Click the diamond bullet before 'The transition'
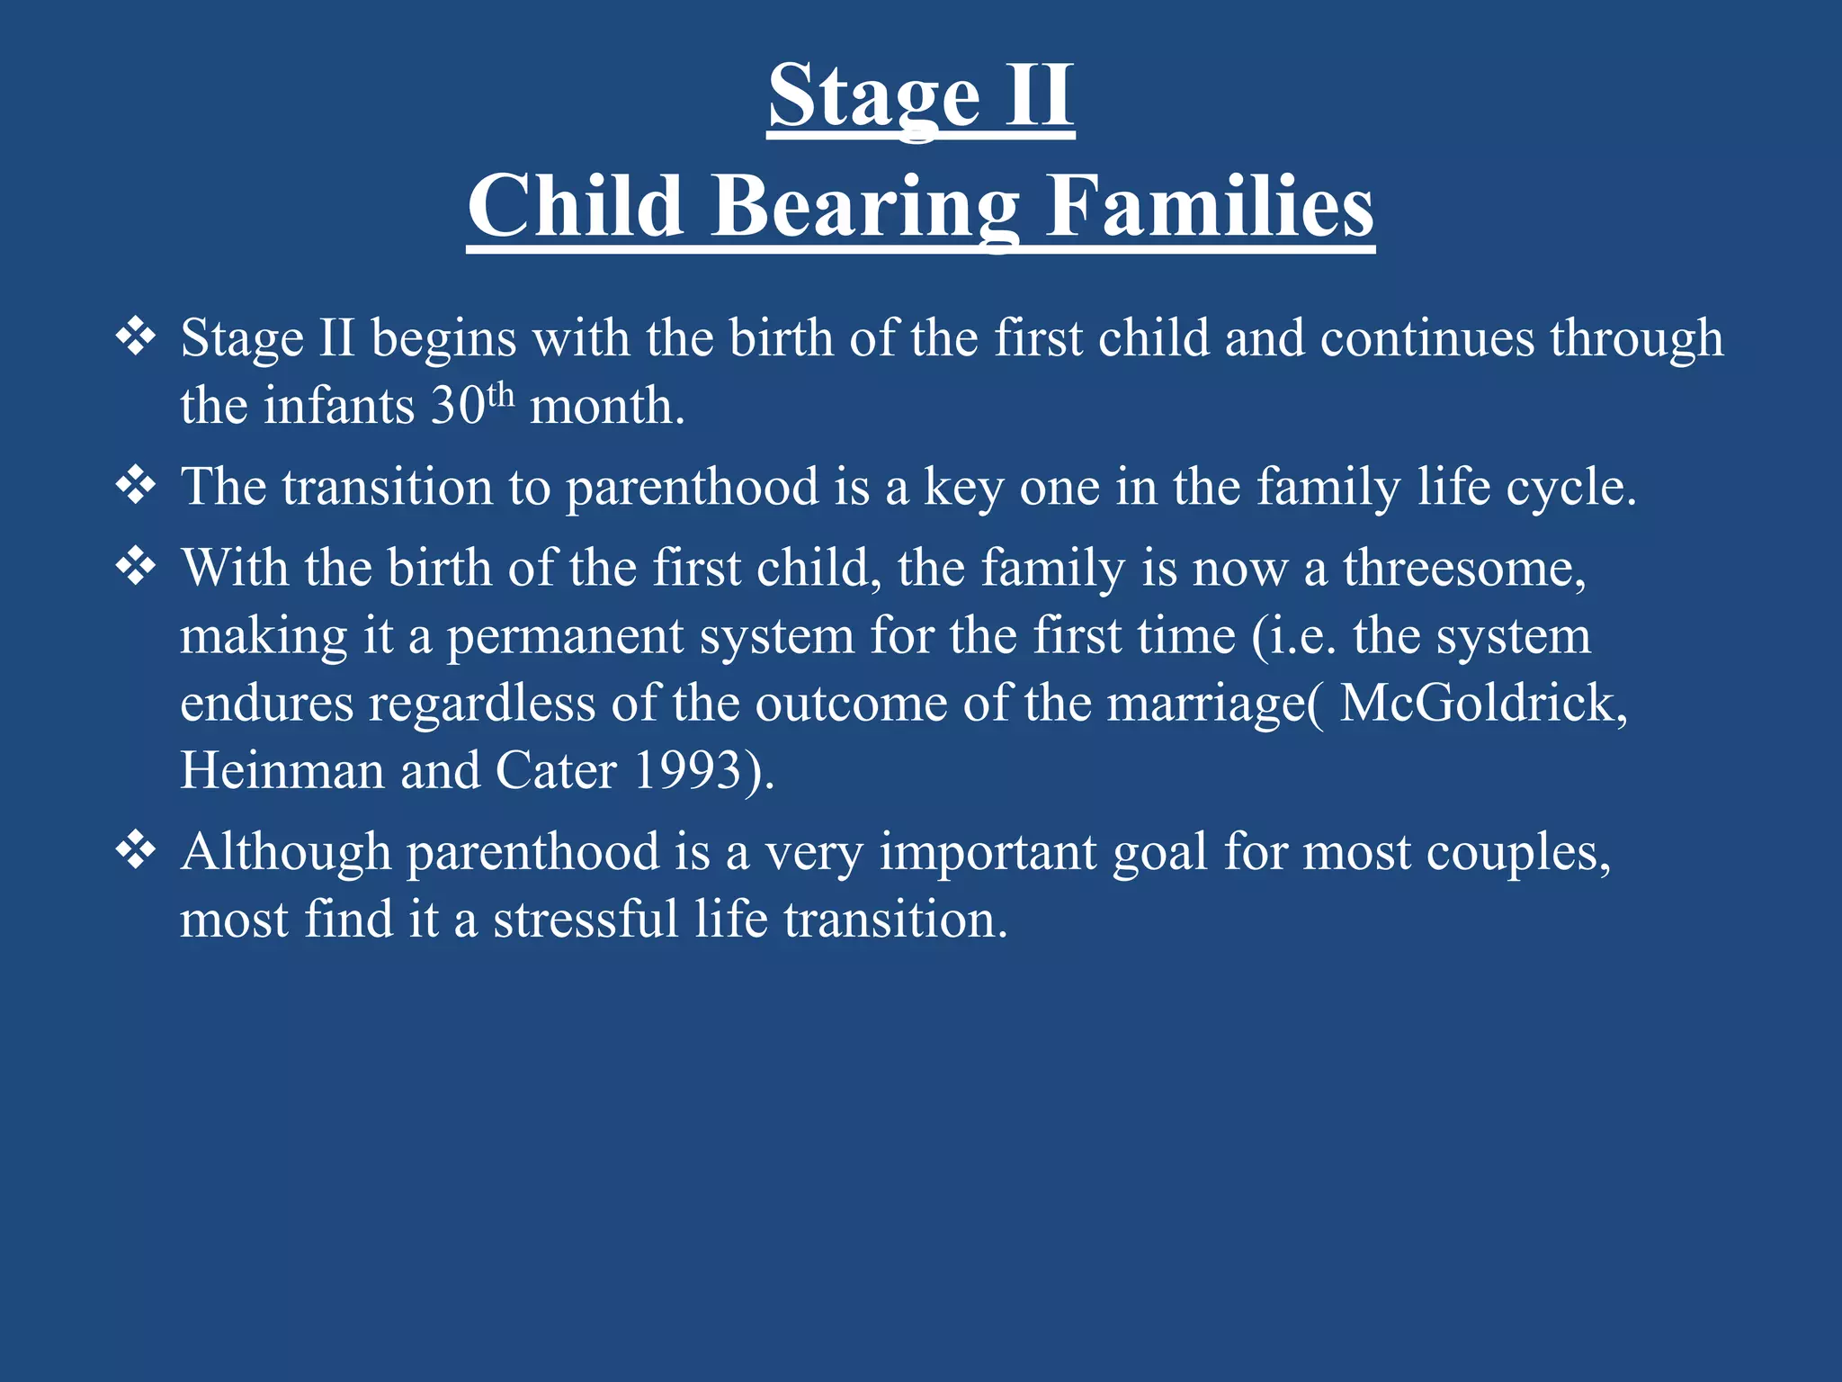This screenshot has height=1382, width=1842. pyautogui.click(x=136, y=486)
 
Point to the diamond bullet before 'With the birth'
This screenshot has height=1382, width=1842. pyautogui.click(x=136, y=567)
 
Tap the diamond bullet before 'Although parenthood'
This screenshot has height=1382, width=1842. pyautogui.click(x=136, y=850)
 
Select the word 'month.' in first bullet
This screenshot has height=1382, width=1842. pyautogui.click(x=607, y=406)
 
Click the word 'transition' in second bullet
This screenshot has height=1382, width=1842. pyautogui.click(x=387, y=487)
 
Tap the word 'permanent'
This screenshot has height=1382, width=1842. pyautogui.click(x=565, y=636)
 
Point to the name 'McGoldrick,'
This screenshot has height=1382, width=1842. pyautogui.click(x=1483, y=703)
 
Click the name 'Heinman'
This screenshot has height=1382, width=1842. pyautogui.click(x=282, y=771)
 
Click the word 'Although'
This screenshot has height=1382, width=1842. pyautogui.click(x=285, y=852)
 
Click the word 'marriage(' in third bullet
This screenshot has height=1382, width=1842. pyautogui.click(x=1214, y=704)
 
